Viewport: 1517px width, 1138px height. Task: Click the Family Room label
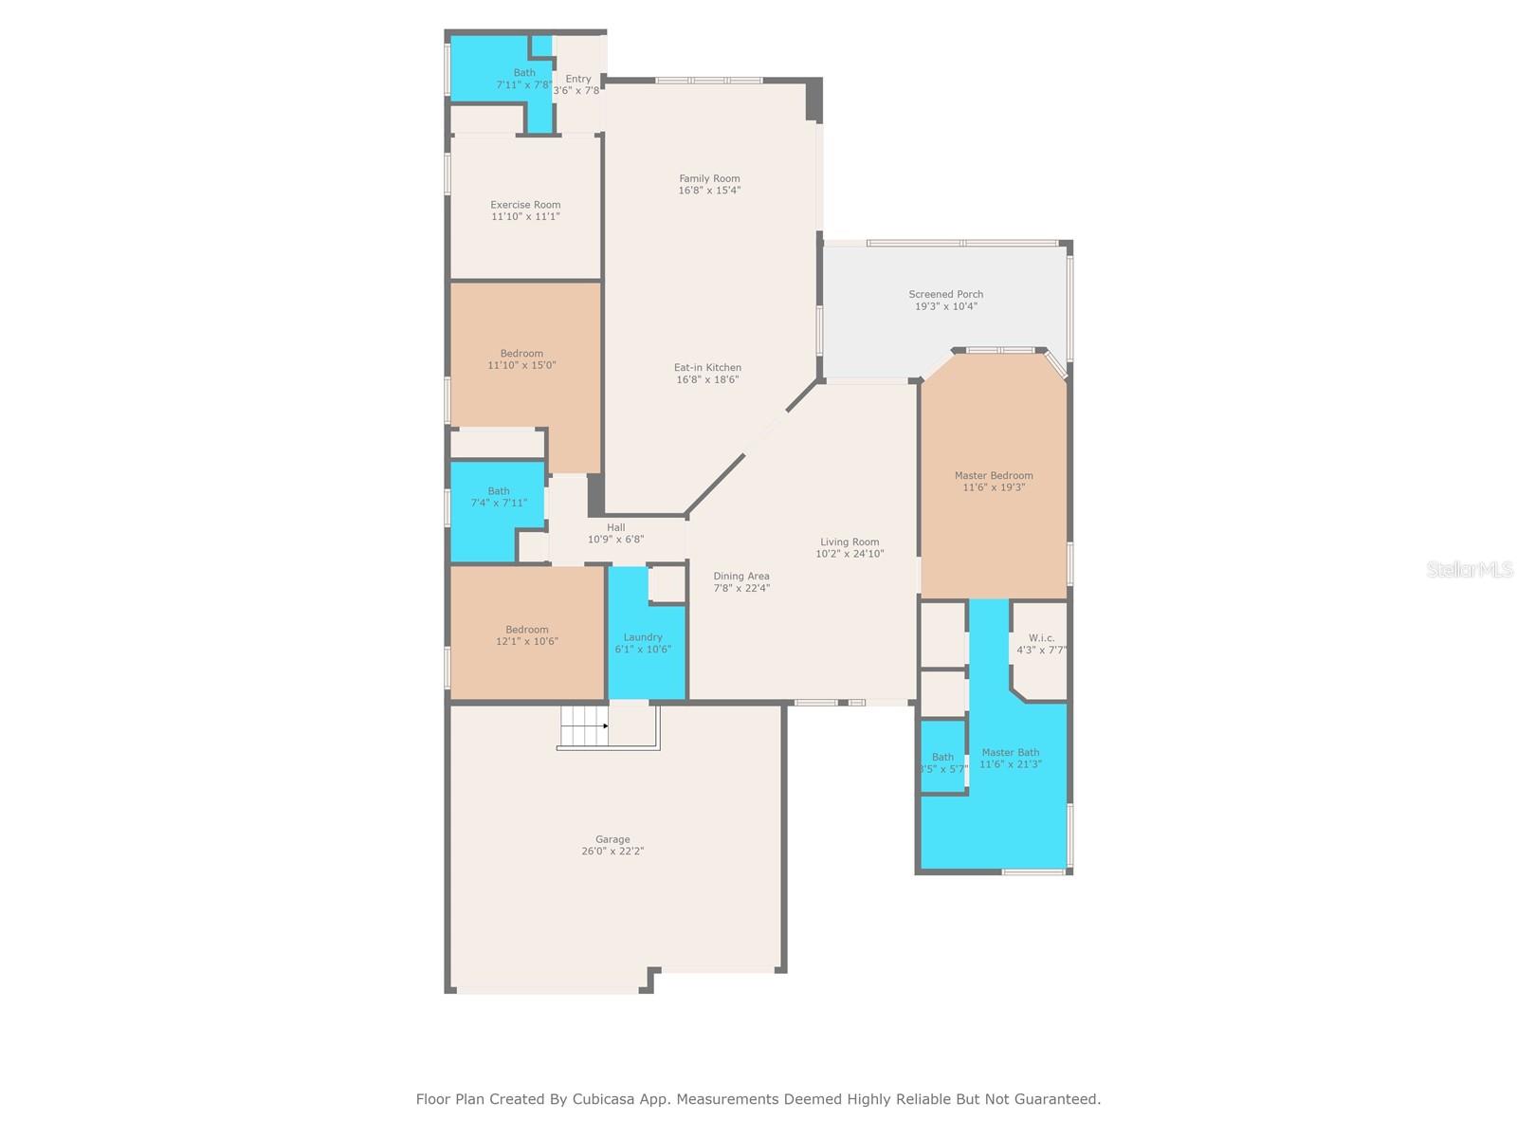click(x=709, y=178)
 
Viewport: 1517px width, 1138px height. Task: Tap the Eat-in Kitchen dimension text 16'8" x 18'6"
click(x=707, y=380)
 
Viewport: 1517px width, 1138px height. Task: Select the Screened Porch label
click(x=945, y=294)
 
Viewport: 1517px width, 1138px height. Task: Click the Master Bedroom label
click(x=994, y=475)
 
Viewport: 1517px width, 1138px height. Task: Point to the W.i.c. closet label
click(x=1041, y=638)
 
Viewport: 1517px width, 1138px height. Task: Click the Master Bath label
click(x=1010, y=752)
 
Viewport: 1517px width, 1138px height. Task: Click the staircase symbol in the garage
click(x=583, y=727)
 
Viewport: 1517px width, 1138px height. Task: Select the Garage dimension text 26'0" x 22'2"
click(x=612, y=852)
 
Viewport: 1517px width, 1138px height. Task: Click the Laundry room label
click(x=643, y=637)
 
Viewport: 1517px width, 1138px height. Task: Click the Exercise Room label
click(x=525, y=205)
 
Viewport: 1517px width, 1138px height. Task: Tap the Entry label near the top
click(x=578, y=79)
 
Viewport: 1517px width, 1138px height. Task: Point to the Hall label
click(x=616, y=527)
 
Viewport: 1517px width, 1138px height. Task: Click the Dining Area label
click(x=741, y=576)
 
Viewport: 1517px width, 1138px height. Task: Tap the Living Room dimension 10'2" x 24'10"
click(x=850, y=554)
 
